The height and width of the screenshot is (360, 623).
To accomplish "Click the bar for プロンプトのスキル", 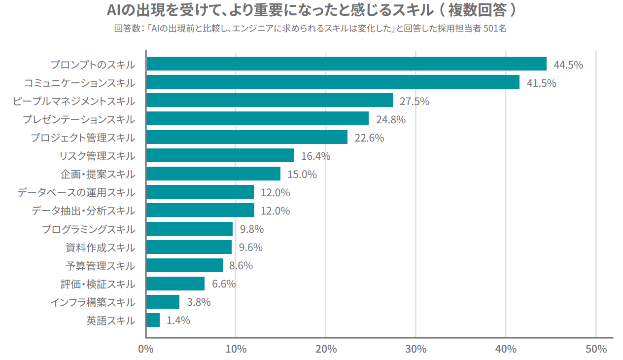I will pos(346,64).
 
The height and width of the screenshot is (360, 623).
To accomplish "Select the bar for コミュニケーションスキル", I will pos(333,82).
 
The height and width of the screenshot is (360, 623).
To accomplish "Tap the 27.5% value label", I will pos(414,102).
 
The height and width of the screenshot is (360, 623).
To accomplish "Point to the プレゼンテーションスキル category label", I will pos(79,119).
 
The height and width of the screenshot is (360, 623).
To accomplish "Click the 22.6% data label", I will pos(369,138).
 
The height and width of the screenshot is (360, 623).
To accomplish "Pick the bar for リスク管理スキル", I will pos(220,155).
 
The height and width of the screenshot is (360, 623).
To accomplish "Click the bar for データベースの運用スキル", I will pos(200,192).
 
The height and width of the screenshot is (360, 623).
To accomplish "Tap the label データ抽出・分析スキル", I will pos(83,211).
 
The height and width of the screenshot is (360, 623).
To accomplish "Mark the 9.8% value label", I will pos(252,229).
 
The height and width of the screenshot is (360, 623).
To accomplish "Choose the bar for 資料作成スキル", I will pos(189,247).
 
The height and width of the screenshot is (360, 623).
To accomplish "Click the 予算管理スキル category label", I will pos(100,266).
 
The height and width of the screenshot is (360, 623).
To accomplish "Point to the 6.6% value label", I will pos(224,284).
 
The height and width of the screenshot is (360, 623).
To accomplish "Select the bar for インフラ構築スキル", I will pos(163,302).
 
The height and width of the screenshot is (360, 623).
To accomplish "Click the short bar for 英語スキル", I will pos(153,320).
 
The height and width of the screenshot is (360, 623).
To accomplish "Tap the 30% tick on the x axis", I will pos(415,349).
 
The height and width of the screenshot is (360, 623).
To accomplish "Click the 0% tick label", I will pos(146,349).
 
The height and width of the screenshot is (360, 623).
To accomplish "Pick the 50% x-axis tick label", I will pos(596,349).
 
